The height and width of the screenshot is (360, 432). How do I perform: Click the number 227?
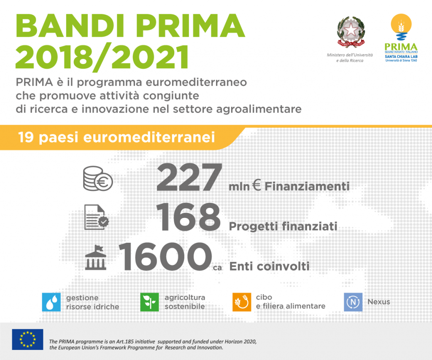click(x=189, y=177)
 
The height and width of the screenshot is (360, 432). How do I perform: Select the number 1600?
click(x=165, y=257)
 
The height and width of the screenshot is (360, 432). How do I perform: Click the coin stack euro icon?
click(x=98, y=179)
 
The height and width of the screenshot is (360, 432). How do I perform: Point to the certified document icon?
click(x=97, y=217)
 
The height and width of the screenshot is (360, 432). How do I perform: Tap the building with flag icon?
click(x=96, y=258)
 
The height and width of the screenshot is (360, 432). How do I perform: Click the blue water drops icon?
click(x=51, y=302)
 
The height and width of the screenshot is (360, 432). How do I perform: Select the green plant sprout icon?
click(x=149, y=302)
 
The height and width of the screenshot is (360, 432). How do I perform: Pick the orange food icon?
click(x=242, y=302)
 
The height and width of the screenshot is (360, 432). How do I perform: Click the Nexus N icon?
click(x=353, y=302)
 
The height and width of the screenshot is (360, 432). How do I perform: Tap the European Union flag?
click(x=27, y=339)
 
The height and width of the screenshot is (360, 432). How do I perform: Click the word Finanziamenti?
click(x=307, y=186)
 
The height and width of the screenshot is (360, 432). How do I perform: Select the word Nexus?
click(x=378, y=302)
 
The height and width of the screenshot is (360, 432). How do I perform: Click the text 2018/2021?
click(x=102, y=56)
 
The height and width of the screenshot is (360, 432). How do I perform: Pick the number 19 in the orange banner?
click(x=26, y=137)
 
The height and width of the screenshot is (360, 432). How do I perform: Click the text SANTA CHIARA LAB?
click(x=401, y=56)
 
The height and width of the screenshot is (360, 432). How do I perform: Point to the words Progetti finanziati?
click(x=283, y=226)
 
